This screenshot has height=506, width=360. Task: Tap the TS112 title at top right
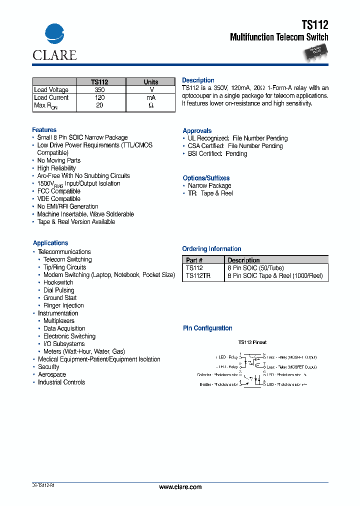pos(315,24)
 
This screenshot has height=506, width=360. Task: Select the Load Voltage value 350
pos(99,90)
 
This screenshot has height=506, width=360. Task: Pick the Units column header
pos(150,82)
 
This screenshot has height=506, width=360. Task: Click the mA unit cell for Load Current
pos(150,98)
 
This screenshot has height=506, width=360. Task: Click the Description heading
pos(198,80)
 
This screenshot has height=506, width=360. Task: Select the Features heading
pos(44,130)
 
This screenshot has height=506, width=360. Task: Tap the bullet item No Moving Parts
pos(58,160)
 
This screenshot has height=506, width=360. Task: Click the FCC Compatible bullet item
pos(58,191)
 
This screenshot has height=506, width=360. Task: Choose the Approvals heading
pos(197,130)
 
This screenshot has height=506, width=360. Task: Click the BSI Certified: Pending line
pos(217,153)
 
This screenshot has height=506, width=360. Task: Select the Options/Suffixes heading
pos(206,178)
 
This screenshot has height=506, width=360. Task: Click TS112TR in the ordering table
pos(198,275)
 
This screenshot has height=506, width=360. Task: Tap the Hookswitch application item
pos(58,282)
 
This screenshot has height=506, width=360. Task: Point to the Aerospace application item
pos(52,374)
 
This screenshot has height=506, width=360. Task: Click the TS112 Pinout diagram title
pos(252,342)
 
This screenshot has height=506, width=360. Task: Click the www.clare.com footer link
pos(180,487)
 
